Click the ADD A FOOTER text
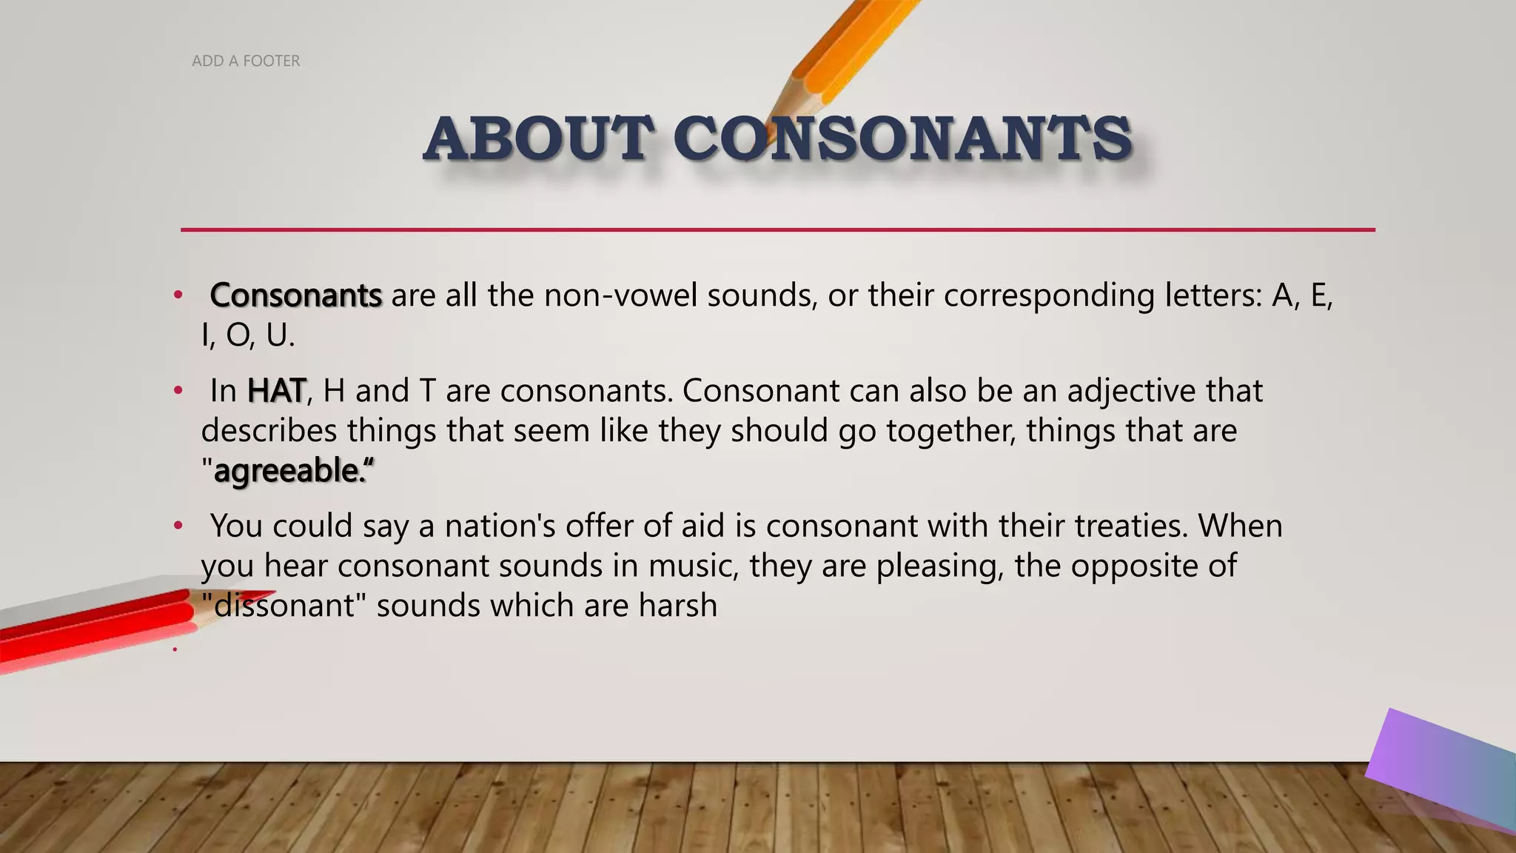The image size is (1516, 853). click(x=246, y=61)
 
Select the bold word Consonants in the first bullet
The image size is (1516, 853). click(x=296, y=295)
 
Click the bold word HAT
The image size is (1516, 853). click(x=276, y=391)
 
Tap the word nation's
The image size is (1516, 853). click(x=500, y=526)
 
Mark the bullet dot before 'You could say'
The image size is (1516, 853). click(x=178, y=526)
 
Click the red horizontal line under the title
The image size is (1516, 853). click(x=777, y=230)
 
